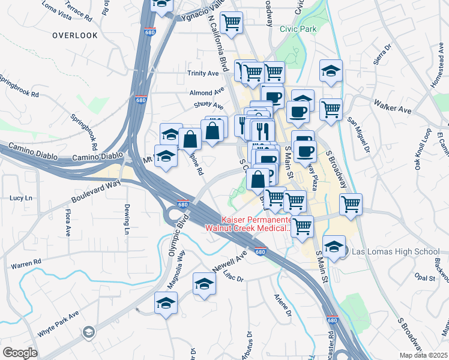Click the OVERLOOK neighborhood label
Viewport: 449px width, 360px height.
pos(74,35)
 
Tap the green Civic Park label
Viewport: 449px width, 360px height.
pos(298,28)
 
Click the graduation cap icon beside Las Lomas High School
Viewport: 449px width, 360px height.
pos(334,247)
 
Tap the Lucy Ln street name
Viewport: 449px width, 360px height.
pos(20,197)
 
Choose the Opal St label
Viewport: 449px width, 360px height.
pos(424,278)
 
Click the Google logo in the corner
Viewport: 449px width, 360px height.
pos(20,352)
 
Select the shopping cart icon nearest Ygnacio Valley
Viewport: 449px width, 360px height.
pos(231,23)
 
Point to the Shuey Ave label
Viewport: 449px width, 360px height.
pos(208,105)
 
